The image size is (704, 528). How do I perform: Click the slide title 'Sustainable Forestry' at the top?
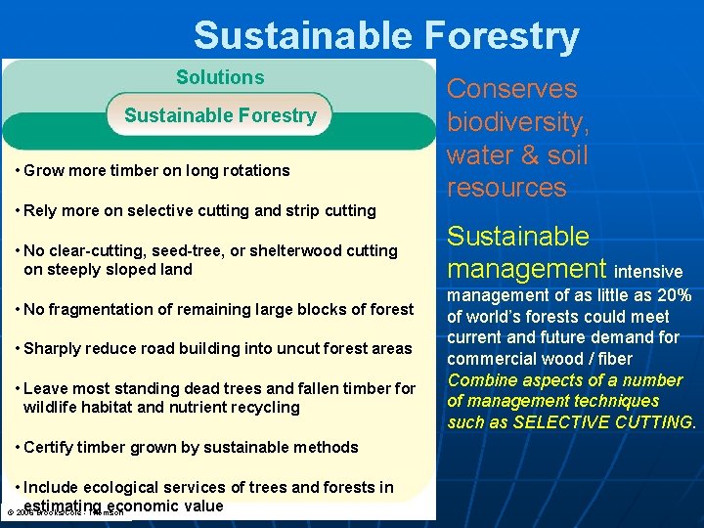click(386, 35)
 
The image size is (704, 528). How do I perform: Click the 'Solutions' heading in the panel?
click(220, 77)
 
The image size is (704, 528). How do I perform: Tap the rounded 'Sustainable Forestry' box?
click(220, 115)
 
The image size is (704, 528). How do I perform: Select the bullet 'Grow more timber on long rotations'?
click(156, 170)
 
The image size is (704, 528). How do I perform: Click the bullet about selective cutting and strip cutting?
click(199, 210)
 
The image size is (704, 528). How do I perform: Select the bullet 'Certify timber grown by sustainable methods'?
click(191, 447)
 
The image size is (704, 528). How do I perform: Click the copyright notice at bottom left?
click(64, 512)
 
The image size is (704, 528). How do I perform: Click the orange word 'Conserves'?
click(512, 89)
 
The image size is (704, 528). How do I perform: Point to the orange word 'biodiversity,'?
click(518, 122)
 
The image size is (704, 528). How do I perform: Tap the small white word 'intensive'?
click(648, 271)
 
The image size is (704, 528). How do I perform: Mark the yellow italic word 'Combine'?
click(479, 379)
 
